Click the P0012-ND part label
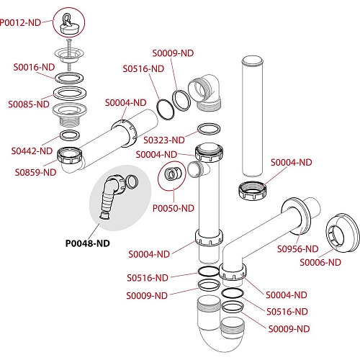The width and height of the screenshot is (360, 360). pos(20,22)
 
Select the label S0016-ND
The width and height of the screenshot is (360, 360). pos(34,67)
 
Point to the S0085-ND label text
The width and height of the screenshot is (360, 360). pos(29,104)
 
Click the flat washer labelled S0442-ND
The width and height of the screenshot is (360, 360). pos(70,135)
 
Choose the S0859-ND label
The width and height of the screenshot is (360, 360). pos(35,172)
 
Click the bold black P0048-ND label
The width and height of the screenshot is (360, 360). pos(88,243)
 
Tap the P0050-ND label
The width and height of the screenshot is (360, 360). pos(174,208)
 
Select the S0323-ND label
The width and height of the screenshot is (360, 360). pos(164,140)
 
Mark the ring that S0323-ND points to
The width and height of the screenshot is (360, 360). pos(209,129)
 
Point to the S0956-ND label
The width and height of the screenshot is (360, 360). pos(297,249)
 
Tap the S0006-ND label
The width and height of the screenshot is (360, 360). pos(320,262)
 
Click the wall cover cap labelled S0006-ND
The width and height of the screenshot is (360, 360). pos(343,233)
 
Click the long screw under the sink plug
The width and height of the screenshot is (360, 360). pos(69,54)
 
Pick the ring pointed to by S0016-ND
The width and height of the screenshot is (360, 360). pos(69,78)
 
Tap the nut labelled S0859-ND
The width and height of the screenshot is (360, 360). pos(70,156)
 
